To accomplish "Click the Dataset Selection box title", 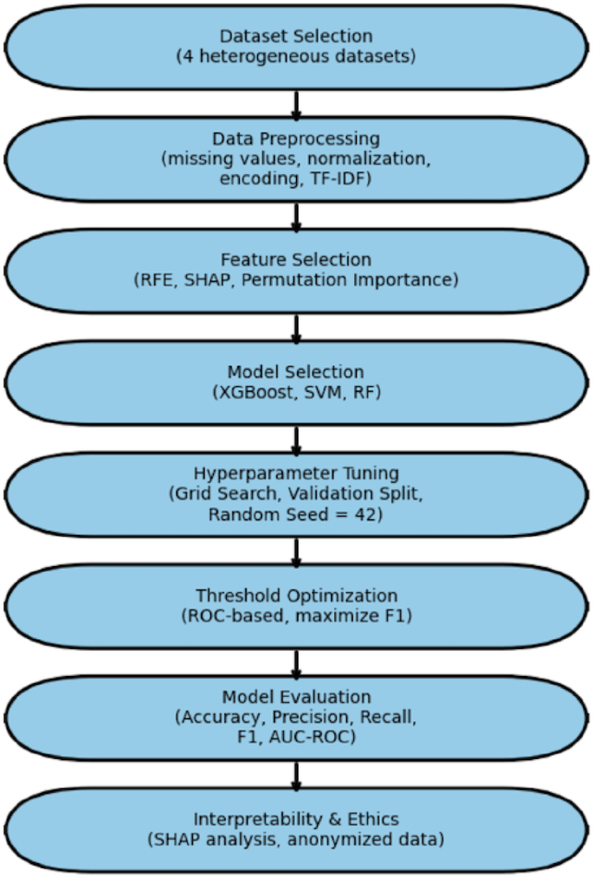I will click(296, 37).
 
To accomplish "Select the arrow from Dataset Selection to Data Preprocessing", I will click(296, 103).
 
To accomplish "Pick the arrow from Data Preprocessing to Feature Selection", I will click(296, 216).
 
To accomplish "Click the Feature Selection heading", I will click(296, 261).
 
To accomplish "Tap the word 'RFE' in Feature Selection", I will click(155, 280).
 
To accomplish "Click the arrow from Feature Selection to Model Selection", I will click(296, 327).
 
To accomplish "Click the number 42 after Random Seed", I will click(373, 513).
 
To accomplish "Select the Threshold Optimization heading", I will click(296, 596).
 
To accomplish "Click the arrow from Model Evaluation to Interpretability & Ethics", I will click(296, 775).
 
